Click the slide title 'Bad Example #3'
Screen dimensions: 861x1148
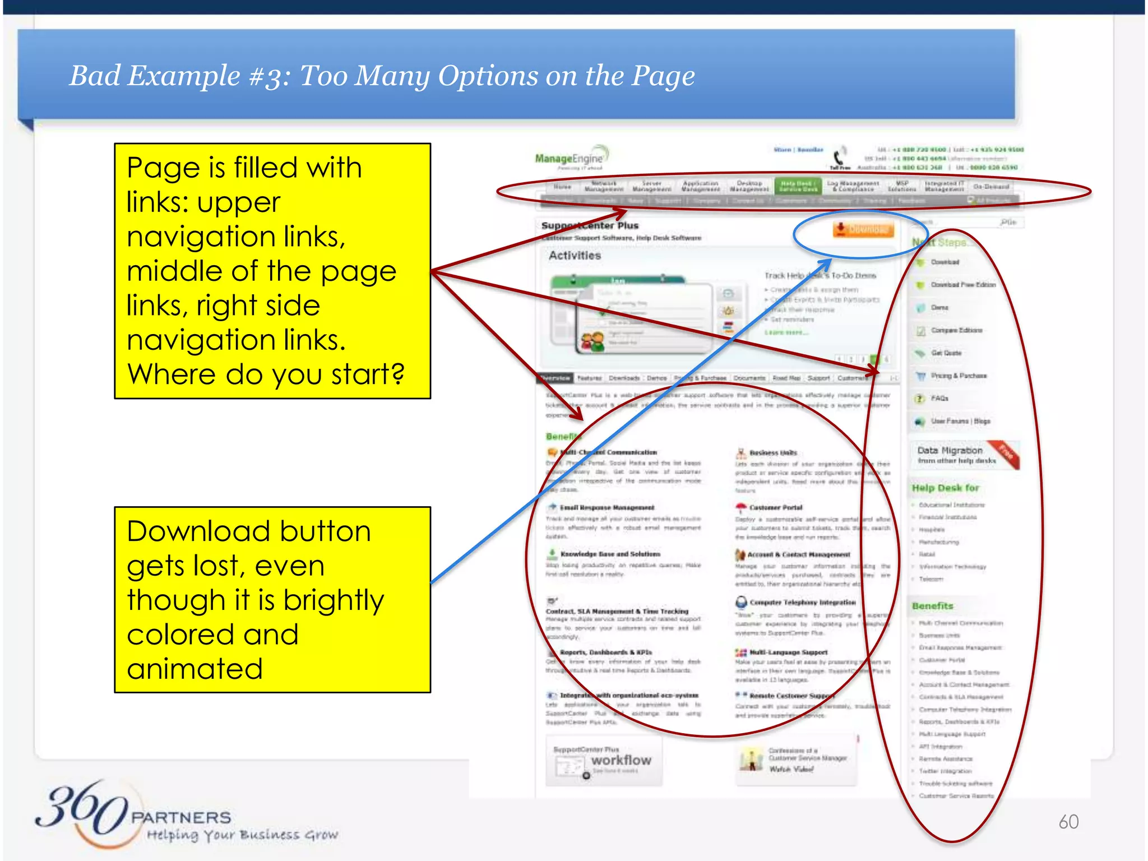(x=381, y=76)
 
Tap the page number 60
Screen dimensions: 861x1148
(x=1068, y=822)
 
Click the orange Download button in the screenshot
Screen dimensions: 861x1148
(x=863, y=229)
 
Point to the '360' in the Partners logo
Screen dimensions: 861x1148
(x=81, y=807)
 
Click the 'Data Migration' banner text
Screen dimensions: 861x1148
(x=950, y=451)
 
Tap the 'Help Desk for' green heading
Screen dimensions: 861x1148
(x=945, y=488)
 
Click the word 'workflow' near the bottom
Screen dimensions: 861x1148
(x=621, y=760)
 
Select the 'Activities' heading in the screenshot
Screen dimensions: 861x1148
(x=575, y=256)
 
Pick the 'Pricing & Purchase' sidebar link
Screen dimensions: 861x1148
(x=959, y=376)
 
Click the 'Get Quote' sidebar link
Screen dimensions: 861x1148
(x=946, y=353)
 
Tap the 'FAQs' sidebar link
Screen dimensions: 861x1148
(x=939, y=399)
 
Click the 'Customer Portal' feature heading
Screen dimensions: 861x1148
(x=776, y=507)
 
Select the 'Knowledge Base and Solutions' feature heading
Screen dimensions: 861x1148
(x=610, y=554)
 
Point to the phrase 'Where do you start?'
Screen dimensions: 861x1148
(x=266, y=374)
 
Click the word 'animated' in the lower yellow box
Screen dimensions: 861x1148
(x=195, y=669)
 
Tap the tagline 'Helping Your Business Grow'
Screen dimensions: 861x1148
(x=242, y=835)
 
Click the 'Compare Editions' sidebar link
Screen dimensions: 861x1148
(x=956, y=330)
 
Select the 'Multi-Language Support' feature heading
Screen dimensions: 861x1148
(x=788, y=652)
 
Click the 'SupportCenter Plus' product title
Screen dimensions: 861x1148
(x=590, y=225)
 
